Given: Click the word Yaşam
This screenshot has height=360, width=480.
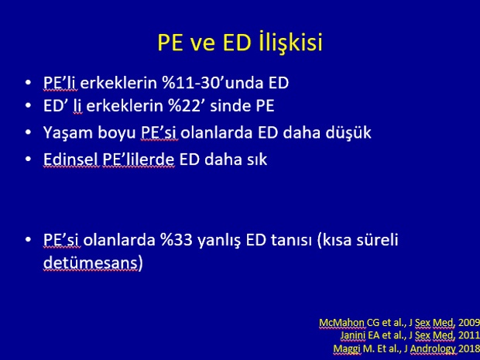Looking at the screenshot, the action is click(x=68, y=133).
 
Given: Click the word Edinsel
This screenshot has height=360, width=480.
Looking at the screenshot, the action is click(x=72, y=159).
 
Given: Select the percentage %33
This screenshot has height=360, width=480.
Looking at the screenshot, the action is click(x=177, y=240).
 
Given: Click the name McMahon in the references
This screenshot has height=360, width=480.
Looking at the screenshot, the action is click(x=341, y=322).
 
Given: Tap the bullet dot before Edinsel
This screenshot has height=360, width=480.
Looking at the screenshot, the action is click(x=28, y=159).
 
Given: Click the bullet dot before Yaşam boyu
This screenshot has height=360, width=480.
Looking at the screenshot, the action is click(x=28, y=132).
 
